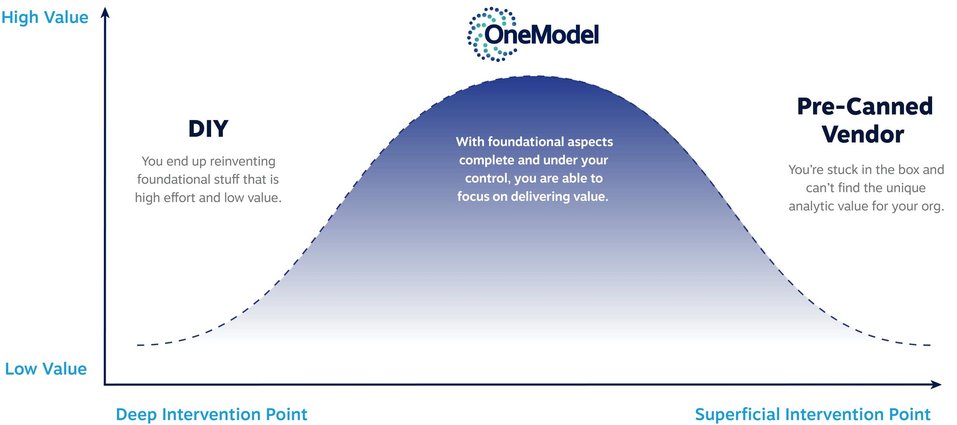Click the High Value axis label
pos(45,18)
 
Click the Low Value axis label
pos(45,369)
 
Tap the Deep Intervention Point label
pos(211,414)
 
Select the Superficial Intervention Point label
pos(812,414)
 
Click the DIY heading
pos(208,129)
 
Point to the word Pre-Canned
pos(865,106)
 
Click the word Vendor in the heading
pos(863,134)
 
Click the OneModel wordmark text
pos(542,35)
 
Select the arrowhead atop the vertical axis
pos(105,12)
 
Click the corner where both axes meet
pos(105,384)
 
